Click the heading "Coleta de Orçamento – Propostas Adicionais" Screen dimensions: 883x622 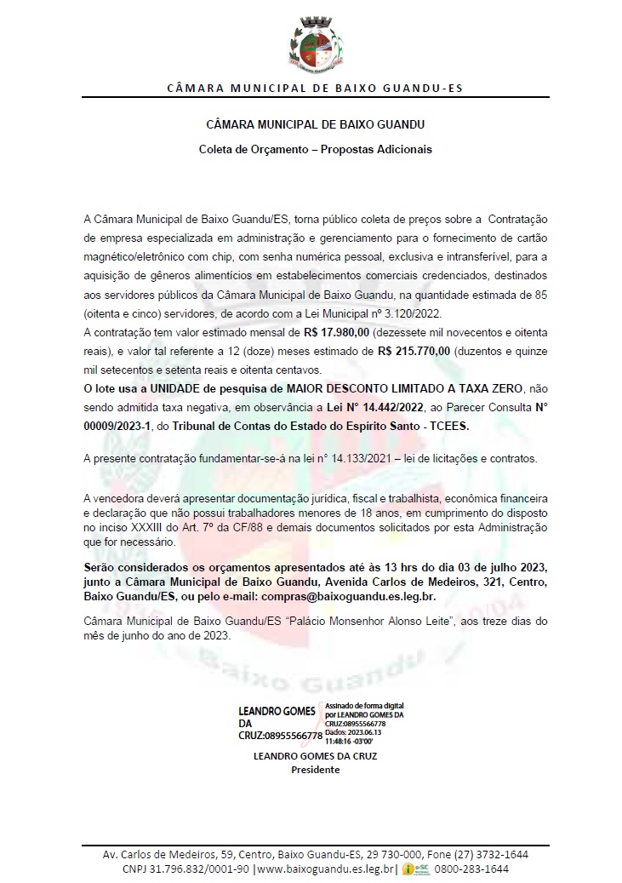coord(316,149)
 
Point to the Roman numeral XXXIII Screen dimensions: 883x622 coord(145,530)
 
